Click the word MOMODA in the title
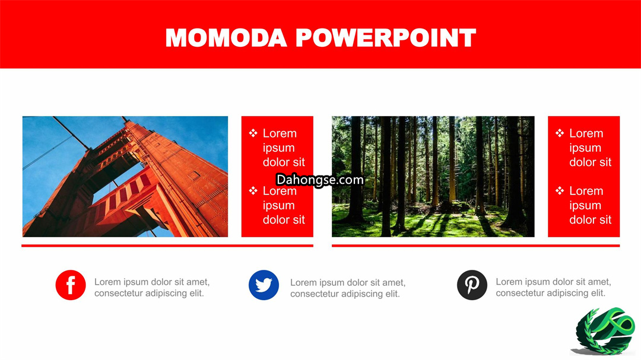tap(226, 38)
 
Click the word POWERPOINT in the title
tap(386, 38)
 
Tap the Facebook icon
tap(71, 285)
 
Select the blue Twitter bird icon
tap(264, 285)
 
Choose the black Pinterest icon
tap(472, 285)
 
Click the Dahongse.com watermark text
tap(320, 180)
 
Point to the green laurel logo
tap(604, 332)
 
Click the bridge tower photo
tap(125, 177)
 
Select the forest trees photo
tap(433, 177)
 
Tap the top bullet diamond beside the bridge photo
tap(253, 133)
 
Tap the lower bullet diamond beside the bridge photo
tap(253, 190)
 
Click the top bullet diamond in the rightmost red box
tap(560, 133)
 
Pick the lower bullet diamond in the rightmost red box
tap(560, 190)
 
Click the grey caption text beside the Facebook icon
tap(152, 287)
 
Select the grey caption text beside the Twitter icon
tap(348, 288)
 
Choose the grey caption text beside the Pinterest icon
tap(554, 287)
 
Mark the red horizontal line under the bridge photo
tap(167, 246)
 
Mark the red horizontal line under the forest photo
tap(476, 246)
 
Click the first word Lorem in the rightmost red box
tap(586, 133)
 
